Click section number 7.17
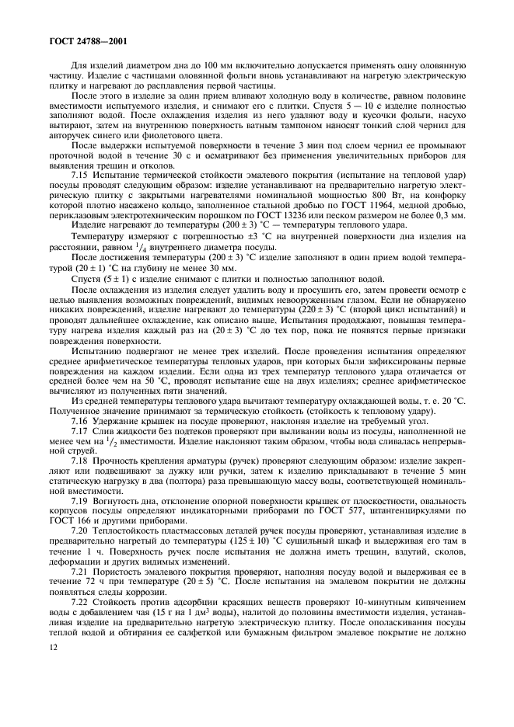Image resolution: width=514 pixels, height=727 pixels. pos(82,428)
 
